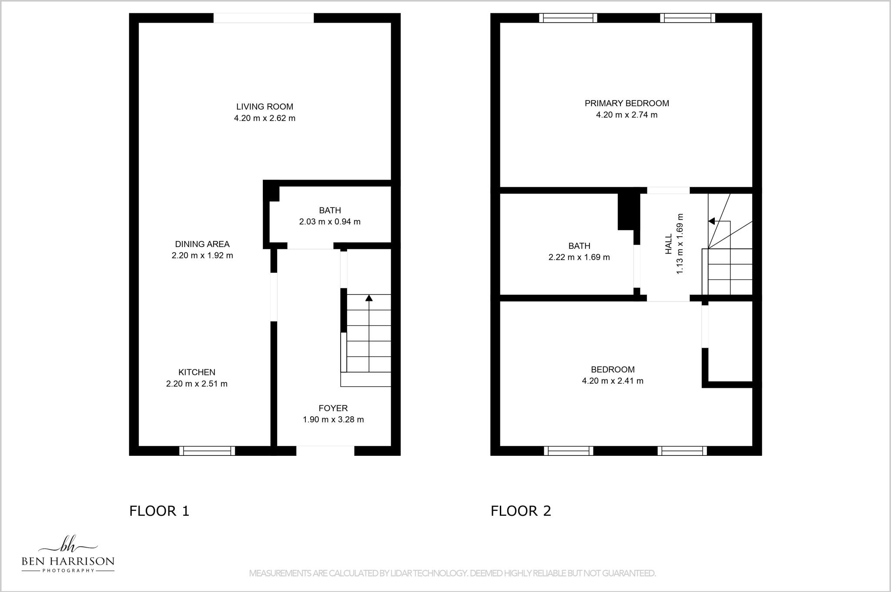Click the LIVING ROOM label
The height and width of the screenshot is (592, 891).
[265, 107]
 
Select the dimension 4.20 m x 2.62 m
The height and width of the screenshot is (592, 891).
[265, 118]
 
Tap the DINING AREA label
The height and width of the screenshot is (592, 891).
[202, 244]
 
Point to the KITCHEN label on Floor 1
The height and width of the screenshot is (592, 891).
[197, 372]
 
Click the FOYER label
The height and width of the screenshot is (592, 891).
[333, 408]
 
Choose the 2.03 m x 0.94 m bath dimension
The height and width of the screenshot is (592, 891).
[330, 222]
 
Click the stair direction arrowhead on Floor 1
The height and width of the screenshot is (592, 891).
[369, 298]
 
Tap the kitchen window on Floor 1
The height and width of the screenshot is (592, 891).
[207, 451]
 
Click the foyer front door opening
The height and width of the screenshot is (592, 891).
[325, 451]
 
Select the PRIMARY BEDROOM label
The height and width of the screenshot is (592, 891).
[626, 104]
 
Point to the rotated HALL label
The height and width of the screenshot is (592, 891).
[669, 244]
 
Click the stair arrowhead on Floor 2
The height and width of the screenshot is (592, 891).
[711, 221]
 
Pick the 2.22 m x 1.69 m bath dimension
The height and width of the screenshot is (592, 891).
[579, 258]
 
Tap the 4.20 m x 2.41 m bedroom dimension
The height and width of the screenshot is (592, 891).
[613, 381]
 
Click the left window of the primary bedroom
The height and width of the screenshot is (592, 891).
[568, 18]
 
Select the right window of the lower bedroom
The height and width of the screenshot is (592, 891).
[682, 451]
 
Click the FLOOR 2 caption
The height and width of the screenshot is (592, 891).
[521, 511]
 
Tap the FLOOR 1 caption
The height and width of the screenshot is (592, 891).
[159, 511]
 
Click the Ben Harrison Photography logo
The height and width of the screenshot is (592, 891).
[68, 555]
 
